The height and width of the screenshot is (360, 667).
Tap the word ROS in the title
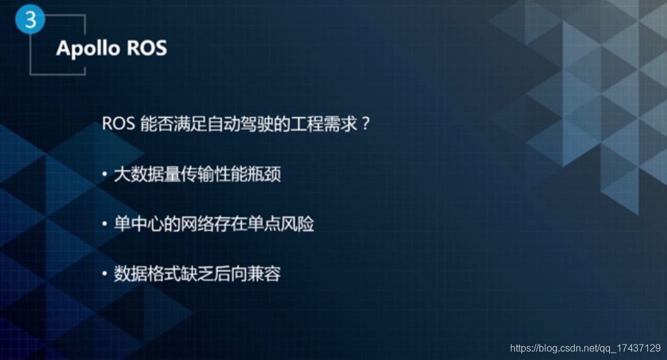pyautogui.click(x=148, y=48)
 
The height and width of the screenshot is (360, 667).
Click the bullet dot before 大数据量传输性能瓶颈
pyautogui.click(x=105, y=175)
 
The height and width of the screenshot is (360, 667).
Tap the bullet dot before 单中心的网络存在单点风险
pyautogui.click(x=105, y=224)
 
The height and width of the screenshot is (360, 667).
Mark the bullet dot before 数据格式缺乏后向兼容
pyautogui.click(x=105, y=274)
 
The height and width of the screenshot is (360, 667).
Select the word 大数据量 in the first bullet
pyautogui.click(x=148, y=174)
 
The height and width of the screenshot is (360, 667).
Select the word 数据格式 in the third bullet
pyautogui.click(x=148, y=274)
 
